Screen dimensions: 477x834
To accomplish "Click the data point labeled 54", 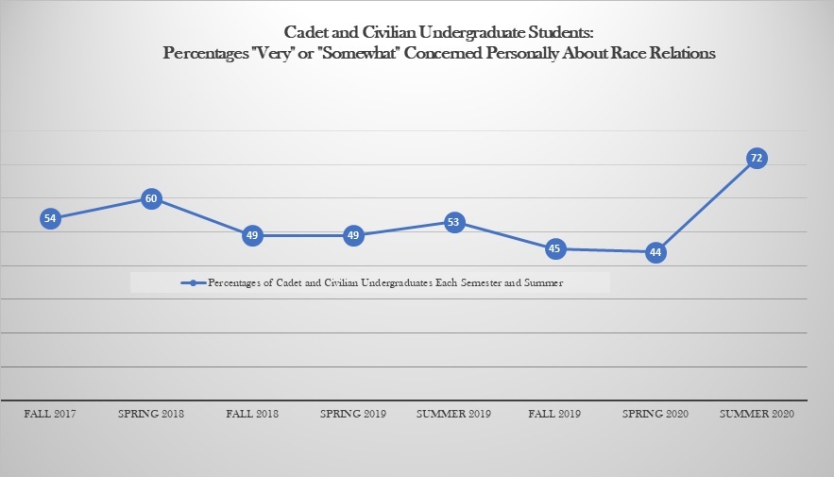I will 50,218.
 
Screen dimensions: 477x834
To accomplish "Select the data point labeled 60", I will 151,198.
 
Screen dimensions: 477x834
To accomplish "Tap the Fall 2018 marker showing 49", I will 252,235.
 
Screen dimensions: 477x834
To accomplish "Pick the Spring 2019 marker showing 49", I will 353,235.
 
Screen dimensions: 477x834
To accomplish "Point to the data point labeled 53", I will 454,222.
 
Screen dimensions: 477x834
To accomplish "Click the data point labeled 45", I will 554,249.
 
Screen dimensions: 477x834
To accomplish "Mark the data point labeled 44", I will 655,252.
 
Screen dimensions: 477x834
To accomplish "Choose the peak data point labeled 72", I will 756,159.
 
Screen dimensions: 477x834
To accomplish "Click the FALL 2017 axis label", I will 50,415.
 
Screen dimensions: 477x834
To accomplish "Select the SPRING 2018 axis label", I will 151,415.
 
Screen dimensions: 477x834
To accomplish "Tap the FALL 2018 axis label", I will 252,415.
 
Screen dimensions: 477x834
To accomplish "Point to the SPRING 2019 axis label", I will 353,415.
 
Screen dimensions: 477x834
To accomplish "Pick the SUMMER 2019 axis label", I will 454,415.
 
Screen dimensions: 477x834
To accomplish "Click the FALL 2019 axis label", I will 554,415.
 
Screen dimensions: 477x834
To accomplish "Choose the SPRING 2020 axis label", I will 655,415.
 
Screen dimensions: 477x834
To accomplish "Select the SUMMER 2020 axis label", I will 756,415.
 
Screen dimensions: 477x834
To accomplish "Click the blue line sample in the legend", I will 193,282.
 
